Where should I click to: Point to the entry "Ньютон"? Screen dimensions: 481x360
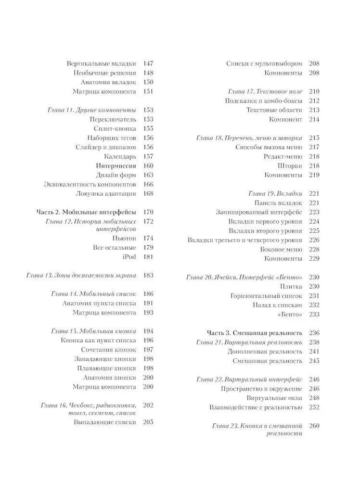[124, 239]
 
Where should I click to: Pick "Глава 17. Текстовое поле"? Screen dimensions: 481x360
[265, 91]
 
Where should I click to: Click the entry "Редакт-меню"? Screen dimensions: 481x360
[283, 156]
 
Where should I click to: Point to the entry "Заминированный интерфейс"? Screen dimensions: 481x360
[259, 212]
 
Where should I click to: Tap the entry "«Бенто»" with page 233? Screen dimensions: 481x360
[290, 315]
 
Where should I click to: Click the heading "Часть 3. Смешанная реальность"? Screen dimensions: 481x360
[254, 333]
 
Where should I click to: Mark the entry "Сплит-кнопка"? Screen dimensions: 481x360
[115, 128]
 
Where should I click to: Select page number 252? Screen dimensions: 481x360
[314, 407]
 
